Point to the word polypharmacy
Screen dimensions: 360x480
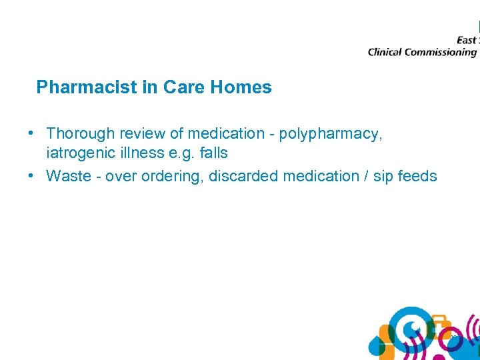point(331,134)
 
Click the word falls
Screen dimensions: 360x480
point(213,153)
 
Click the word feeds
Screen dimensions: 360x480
point(417,176)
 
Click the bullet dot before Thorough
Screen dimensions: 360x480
point(31,133)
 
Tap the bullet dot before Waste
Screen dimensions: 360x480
point(31,176)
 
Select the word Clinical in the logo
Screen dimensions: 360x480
point(385,52)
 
